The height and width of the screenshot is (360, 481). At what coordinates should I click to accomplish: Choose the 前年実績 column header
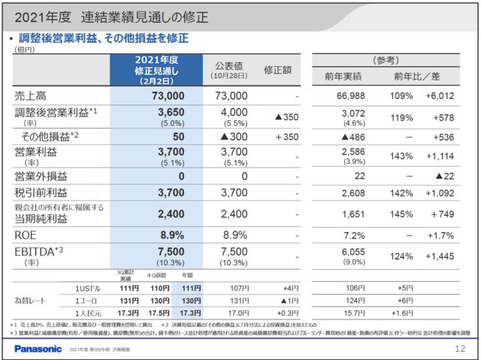coord(346,75)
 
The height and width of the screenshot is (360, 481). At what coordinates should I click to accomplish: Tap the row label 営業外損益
coord(38,176)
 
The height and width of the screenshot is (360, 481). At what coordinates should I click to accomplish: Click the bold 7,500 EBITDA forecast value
coord(168,252)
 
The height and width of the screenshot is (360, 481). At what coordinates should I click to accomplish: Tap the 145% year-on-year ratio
coord(401,215)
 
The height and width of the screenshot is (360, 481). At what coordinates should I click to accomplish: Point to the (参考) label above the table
coord(386,59)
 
